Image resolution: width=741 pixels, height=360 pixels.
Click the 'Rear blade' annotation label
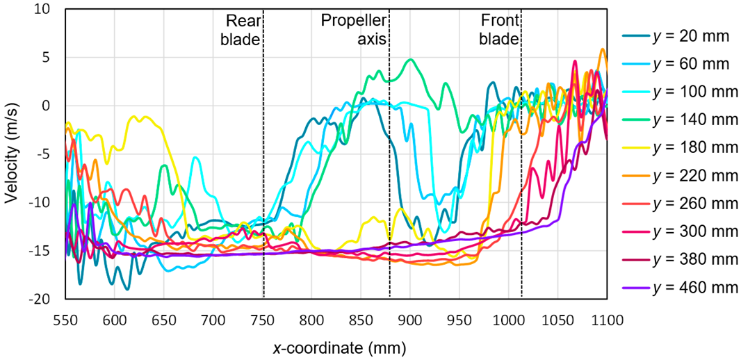[240, 30]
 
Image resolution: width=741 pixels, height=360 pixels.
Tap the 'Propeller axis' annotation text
[354, 30]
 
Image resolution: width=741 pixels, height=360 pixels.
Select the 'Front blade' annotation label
[498, 30]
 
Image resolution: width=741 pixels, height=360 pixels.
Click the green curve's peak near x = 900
[411, 59]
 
